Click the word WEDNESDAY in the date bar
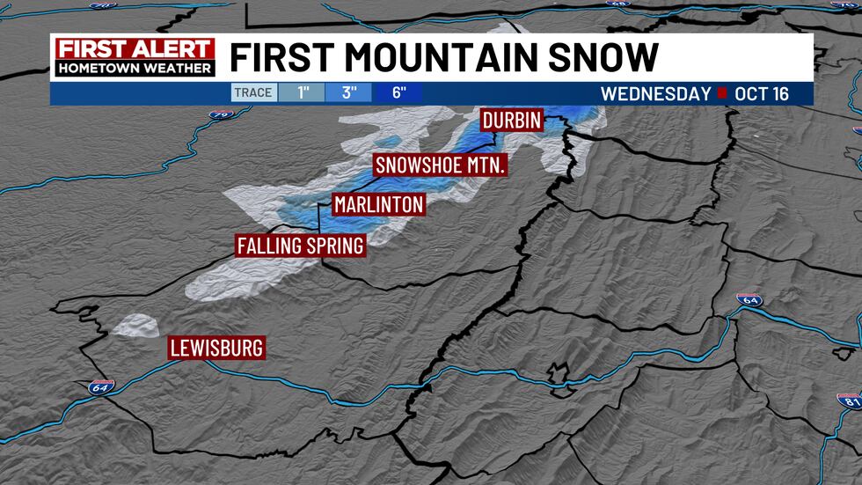pos(655,93)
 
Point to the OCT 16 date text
pos(764,93)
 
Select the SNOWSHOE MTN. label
pos(441,165)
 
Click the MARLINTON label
pos(379,204)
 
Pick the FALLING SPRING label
pos(301,246)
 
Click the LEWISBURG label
pos(216,349)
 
